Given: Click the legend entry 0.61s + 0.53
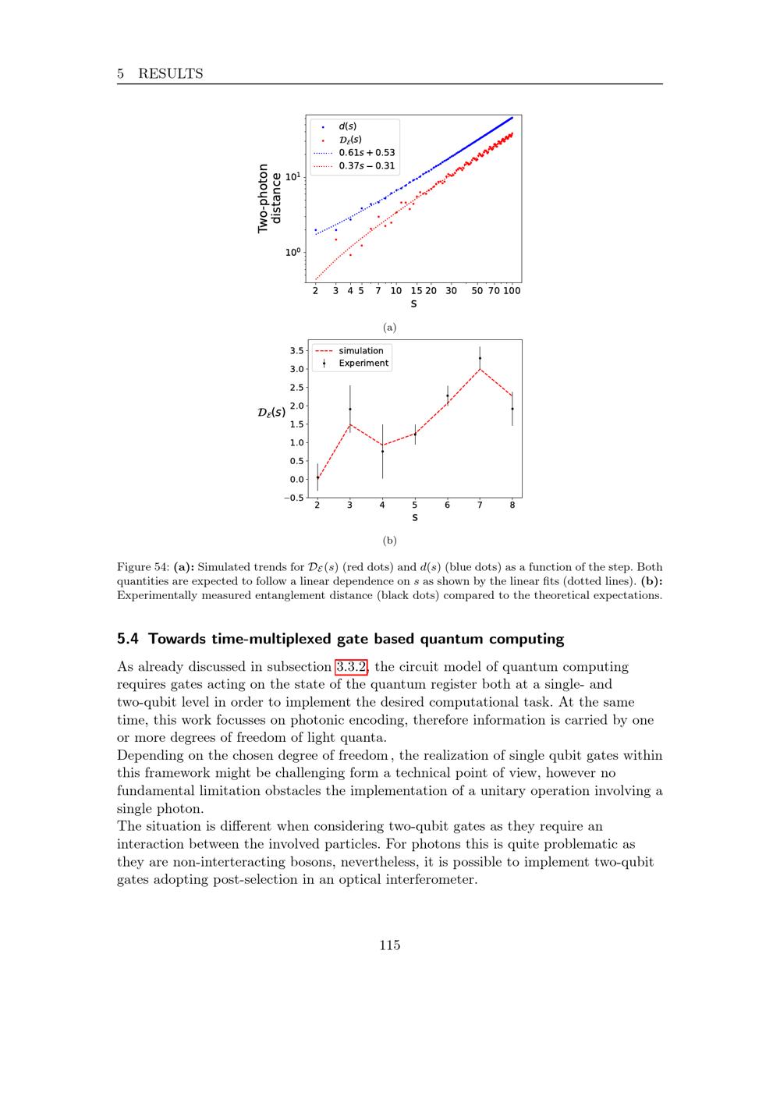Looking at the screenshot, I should click(x=367, y=153).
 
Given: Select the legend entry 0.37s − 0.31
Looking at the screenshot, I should click(x=367, y=166).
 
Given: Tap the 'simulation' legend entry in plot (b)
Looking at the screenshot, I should click(x=360, y=351).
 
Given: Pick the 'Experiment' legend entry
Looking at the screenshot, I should click(x=363, y=364).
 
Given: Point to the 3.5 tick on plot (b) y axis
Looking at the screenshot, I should click(x=297, y=351).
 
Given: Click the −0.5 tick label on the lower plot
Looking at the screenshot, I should click(x=294, y=498).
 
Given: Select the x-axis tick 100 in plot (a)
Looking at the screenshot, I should click(x=512, y=291).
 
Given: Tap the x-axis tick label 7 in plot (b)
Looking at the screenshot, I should click(x=480, y=505).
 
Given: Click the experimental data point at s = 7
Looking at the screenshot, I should click(x=480, y=358).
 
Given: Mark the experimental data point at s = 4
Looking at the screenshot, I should click(x=382, y=452).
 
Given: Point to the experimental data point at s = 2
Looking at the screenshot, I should click(x=317, y=477).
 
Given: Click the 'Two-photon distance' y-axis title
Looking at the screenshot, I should click(x=268, y=198).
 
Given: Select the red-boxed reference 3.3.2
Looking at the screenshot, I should click(x=352, y=667).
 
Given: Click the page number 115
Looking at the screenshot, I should click(x=390, y=945).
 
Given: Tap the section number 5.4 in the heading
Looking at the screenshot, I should click(x=129, y=639).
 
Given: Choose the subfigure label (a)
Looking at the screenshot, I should click(x=390, y=328).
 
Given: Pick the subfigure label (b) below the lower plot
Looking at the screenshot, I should click(x=390, y=540).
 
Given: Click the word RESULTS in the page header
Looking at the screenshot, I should click(x=170, y=74).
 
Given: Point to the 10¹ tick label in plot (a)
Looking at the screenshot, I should click(x=293, y=177).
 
